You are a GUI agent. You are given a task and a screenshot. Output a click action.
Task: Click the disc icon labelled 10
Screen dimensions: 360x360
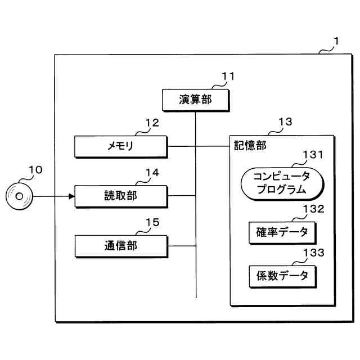tap(19, 196)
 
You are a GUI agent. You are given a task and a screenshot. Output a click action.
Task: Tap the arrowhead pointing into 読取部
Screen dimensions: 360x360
tap(71, 196)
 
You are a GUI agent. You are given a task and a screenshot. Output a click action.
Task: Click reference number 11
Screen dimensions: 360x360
tap(228, 76)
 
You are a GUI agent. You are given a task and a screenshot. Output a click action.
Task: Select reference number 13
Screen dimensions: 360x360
tap(285, 121)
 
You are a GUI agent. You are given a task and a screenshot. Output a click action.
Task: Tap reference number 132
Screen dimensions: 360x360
tap(313, 209)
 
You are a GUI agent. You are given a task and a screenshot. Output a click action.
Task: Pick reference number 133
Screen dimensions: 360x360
tap(313, 253)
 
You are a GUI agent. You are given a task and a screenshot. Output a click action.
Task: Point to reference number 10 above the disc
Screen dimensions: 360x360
tap(35, 169)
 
